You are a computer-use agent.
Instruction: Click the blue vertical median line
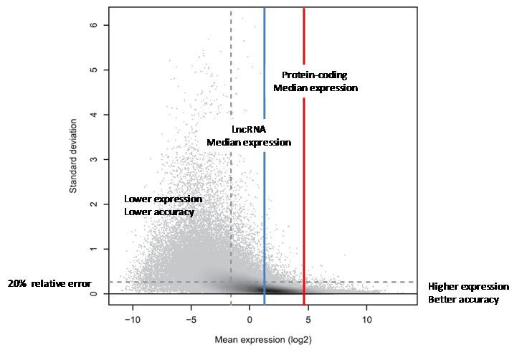pos(265,215)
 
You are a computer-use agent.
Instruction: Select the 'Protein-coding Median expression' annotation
pos(316,81)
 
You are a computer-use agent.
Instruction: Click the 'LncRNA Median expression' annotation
pos(249,136)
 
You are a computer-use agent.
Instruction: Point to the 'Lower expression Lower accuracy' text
pos(163,205)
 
